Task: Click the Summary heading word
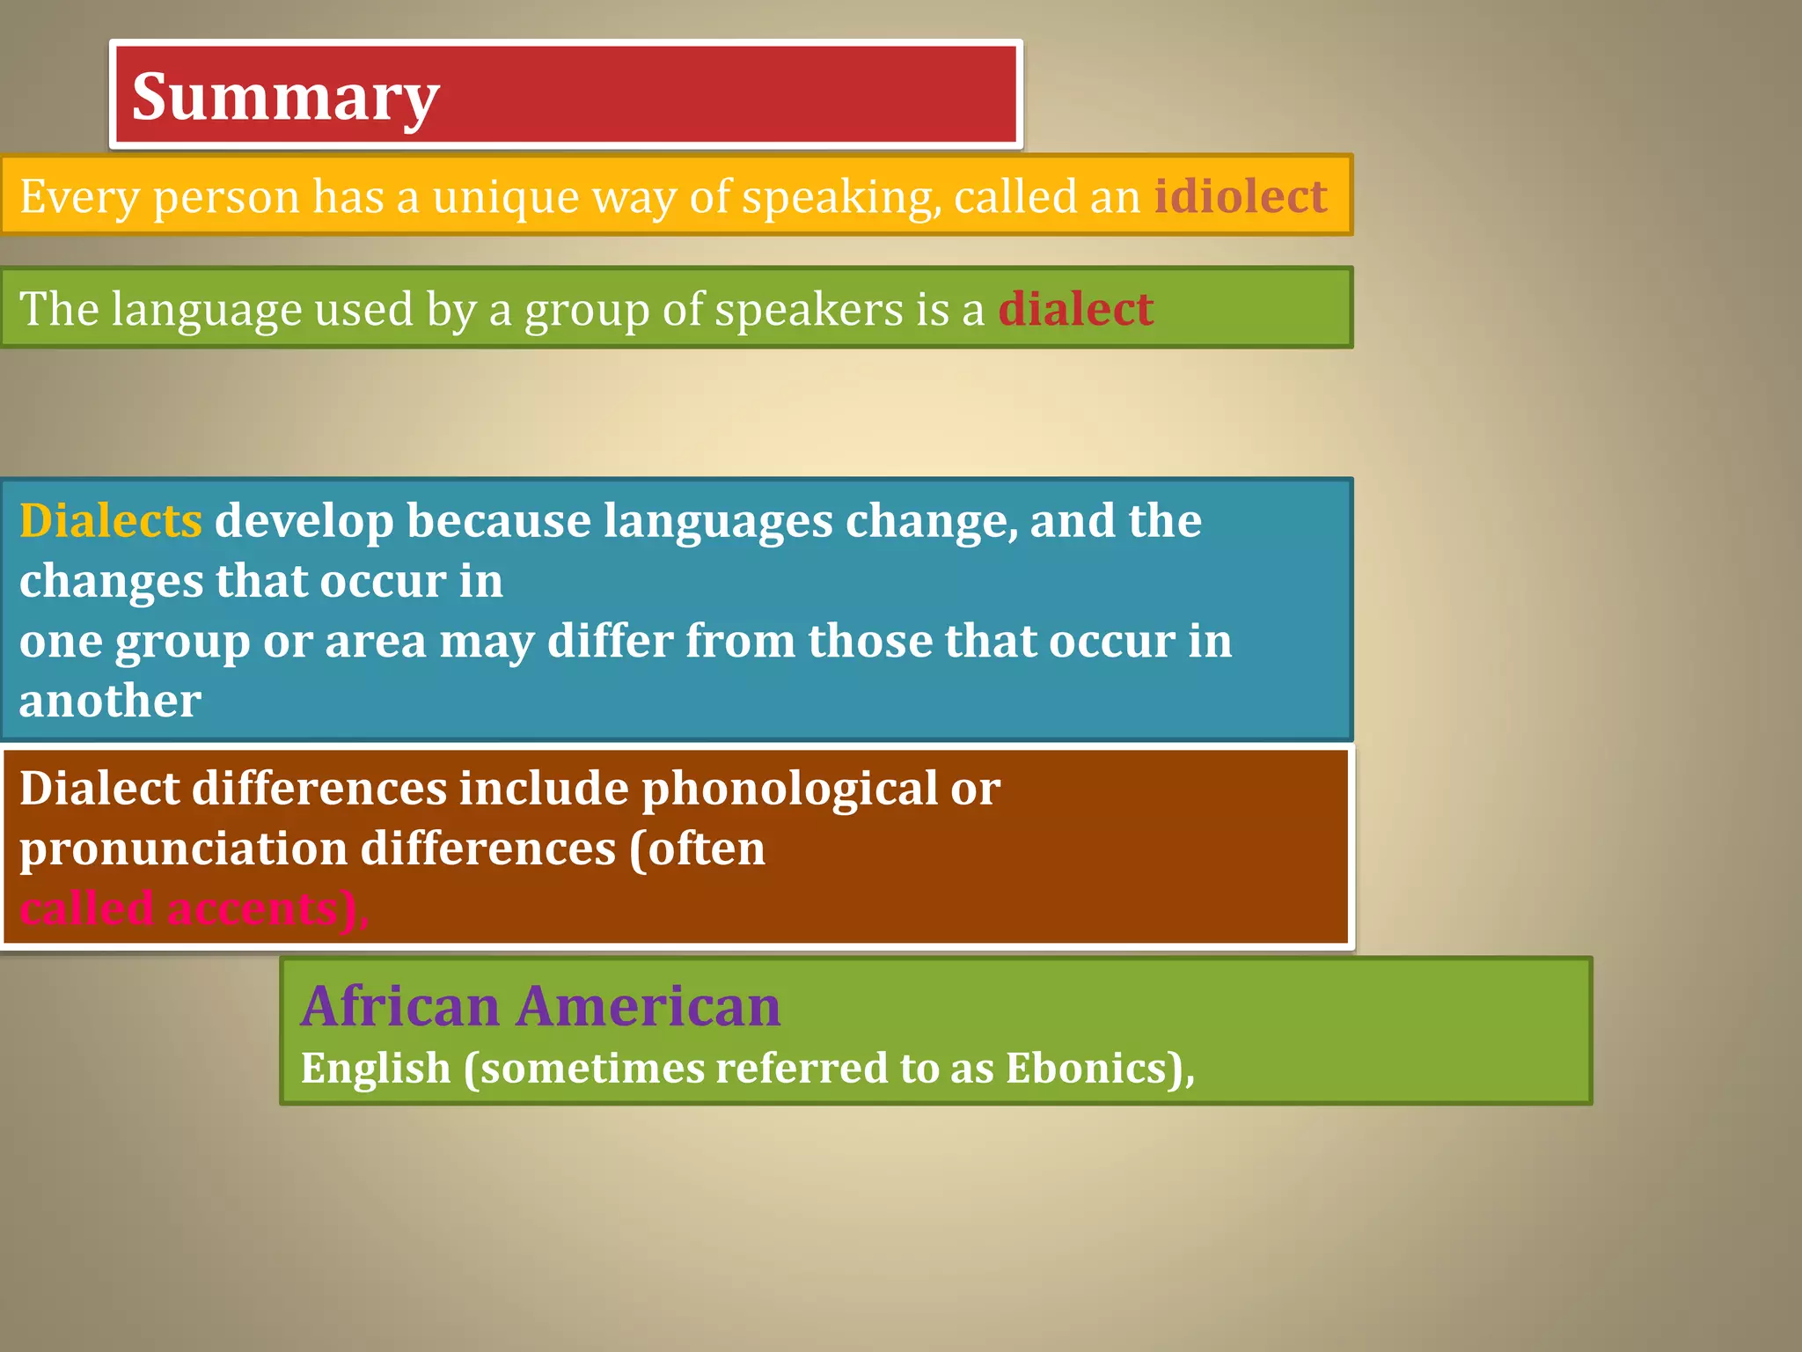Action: (284, 97)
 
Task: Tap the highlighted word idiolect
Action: (1240, 196)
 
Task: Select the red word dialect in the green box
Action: (1075, 309)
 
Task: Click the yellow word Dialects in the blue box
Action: (111, 520)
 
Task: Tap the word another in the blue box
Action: (111, 701)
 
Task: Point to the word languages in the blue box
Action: (717, 520)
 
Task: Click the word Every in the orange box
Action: (79, 196)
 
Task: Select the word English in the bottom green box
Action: (376, 1068)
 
